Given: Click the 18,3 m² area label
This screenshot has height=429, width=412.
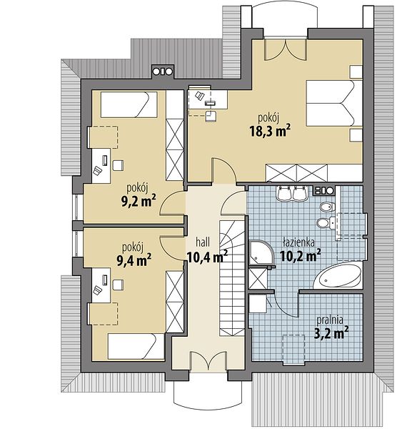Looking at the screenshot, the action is click(270, 131).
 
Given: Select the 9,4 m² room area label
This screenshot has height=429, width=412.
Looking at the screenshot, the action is click(134, 260).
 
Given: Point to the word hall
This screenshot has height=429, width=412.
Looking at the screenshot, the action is click(203, 242).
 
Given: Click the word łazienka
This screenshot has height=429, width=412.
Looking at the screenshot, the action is click(298, 242).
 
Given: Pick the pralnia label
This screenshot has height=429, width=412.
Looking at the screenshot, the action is click(330, 320).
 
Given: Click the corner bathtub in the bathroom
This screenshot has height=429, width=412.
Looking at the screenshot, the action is click(338, 276).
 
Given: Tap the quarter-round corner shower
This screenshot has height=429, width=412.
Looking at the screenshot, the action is click(261, 253).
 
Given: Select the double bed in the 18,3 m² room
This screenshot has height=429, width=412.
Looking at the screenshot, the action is click(334, 103).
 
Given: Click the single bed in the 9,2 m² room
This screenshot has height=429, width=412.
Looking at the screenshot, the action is click(129, 105).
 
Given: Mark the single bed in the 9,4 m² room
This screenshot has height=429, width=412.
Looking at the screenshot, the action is click(136, 346).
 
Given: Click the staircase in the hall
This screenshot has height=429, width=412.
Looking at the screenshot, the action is click(232, 278).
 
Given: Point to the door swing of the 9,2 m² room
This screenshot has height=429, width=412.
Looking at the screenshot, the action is click(171, 203).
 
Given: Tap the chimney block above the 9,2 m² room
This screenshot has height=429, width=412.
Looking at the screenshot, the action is click(163, 71).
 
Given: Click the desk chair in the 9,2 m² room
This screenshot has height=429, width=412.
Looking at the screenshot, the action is click(118, 166).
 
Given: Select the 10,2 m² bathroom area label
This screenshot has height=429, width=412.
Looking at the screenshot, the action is click(301, 256).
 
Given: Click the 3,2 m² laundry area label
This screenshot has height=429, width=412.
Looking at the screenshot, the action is click(331, 333).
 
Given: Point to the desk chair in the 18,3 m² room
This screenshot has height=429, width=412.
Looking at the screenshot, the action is click(211, 116).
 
